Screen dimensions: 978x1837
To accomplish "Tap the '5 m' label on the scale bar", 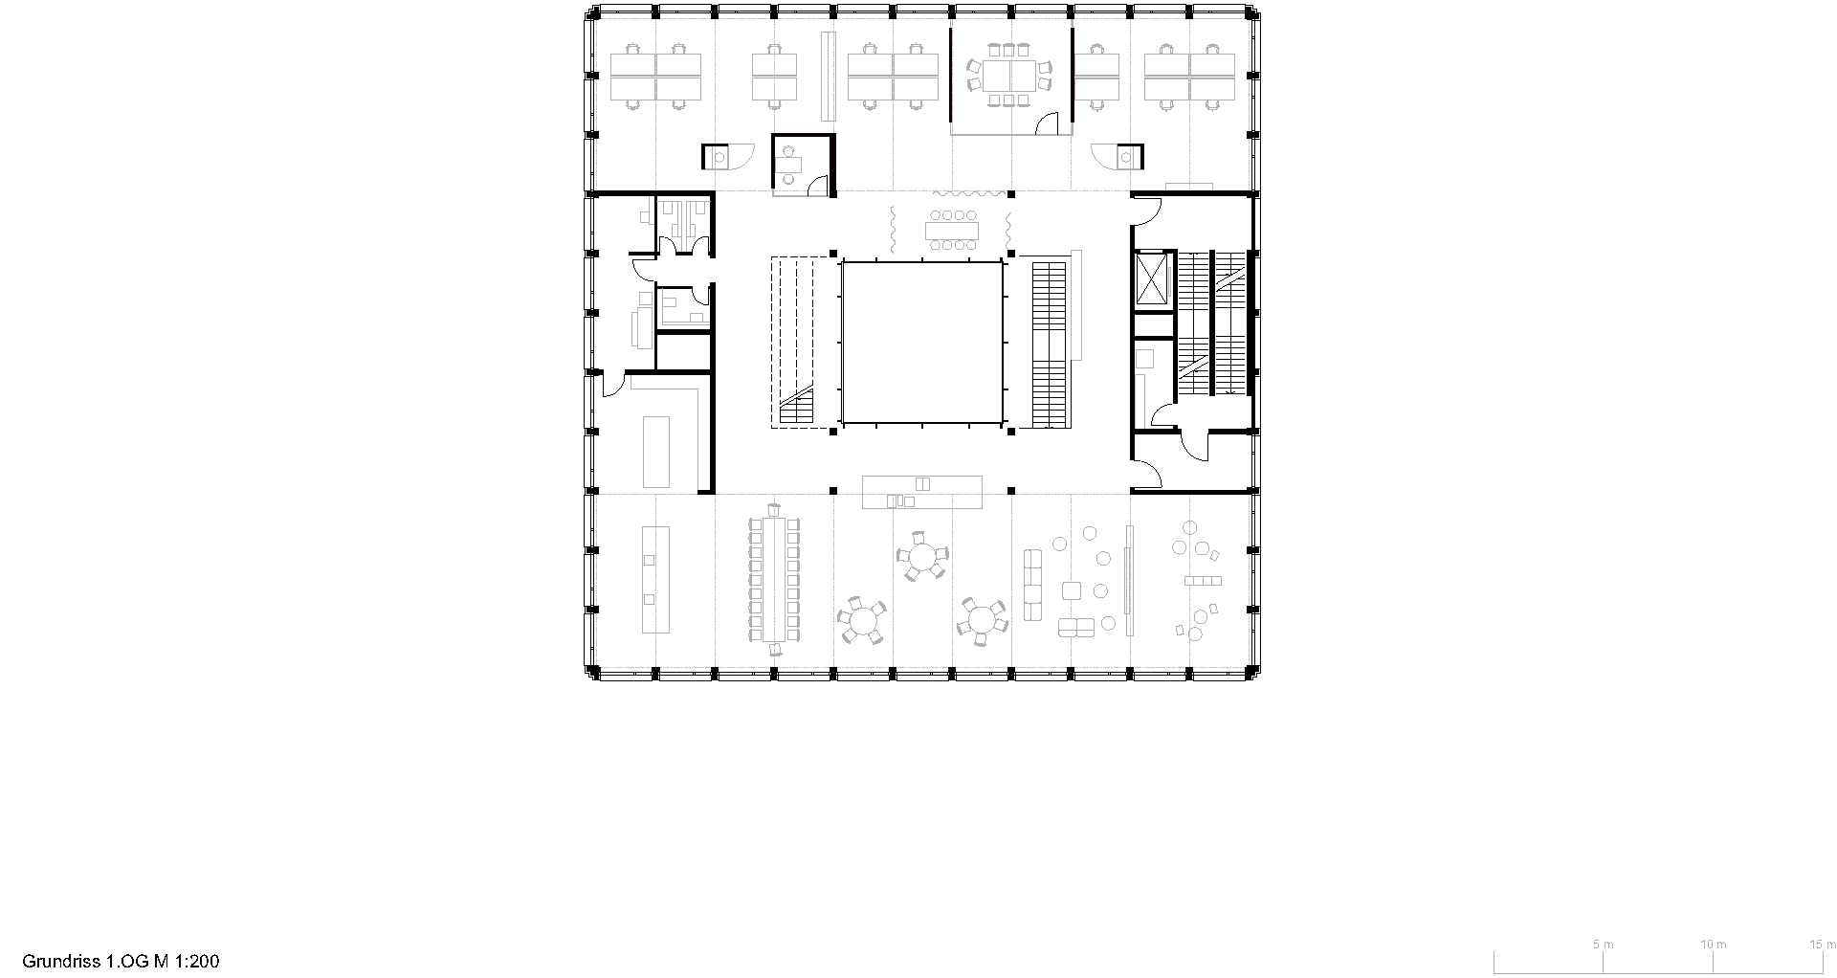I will pos(1603,944).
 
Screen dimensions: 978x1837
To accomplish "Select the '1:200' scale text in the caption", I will pos(196,961).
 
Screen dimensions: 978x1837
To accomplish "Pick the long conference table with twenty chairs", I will pos(774,581).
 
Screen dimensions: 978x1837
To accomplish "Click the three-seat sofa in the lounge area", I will pos(1033,585).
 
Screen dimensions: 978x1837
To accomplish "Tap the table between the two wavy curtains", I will pos(952,231).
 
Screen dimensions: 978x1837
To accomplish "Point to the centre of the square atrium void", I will pos(922,343).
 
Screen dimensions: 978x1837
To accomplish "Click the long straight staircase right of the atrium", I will pos(1050,345).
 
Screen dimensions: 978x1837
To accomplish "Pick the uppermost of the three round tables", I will pos(921,556).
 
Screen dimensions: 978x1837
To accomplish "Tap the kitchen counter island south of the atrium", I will pos(922,492).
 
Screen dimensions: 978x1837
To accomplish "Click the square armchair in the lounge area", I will pos(1072,591).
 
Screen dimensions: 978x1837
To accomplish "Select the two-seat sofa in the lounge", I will pos(1076,627).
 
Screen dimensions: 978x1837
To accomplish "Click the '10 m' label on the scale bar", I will pos(1714,944).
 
